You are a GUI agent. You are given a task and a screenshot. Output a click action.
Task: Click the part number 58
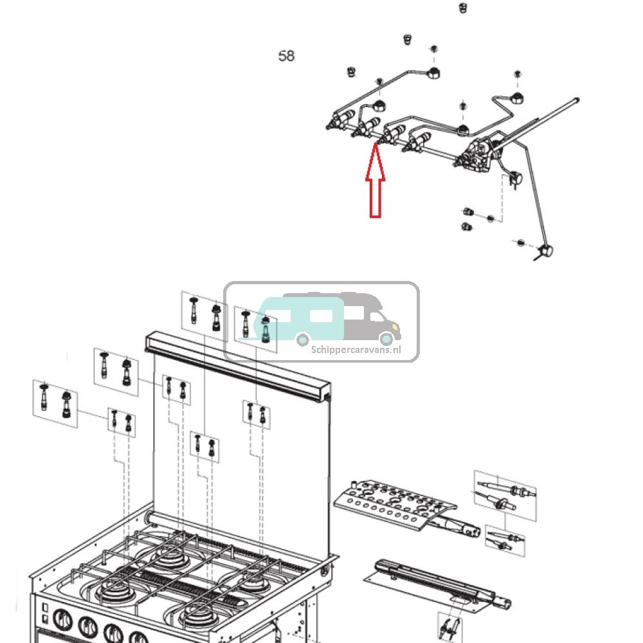286,56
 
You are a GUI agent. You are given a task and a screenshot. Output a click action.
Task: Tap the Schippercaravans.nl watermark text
356,349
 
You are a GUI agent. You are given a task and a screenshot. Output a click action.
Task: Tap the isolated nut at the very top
462,8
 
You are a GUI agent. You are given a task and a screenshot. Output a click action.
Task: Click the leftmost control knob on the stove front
62,621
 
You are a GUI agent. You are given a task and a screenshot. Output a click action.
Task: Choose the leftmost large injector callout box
56,401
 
